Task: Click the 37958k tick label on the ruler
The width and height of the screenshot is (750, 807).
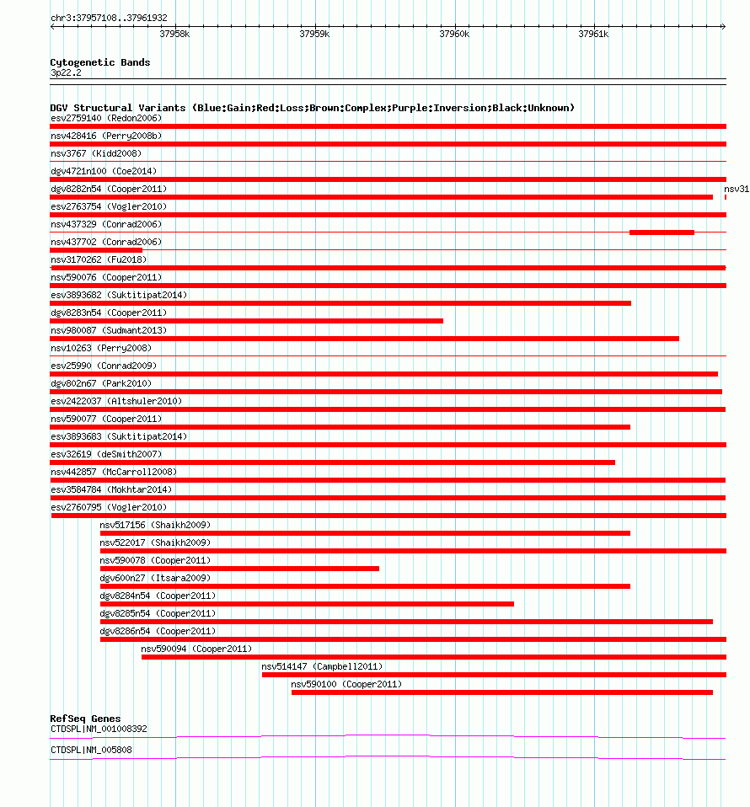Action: point(174,35)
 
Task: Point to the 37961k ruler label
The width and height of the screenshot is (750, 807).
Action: point(593,35)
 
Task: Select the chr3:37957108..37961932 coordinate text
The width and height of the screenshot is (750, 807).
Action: point(109,18)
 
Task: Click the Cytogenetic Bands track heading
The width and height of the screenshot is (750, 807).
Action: point(100,62)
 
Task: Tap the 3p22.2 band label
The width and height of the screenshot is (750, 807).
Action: point(66,73)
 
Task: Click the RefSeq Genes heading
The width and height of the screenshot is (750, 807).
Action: point(85,719)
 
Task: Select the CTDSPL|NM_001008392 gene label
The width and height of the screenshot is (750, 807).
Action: point(99,729)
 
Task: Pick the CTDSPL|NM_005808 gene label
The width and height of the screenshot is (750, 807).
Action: point(91,750)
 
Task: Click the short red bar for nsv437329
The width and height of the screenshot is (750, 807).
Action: point(662,232)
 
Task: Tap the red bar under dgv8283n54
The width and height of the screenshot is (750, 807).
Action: point(246,320)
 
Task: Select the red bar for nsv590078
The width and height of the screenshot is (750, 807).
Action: point(239,568)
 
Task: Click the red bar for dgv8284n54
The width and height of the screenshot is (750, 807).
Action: point(307,603)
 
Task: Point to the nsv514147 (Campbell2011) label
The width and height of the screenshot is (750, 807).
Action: point(321,666)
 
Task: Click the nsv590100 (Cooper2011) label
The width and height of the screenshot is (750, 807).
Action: point(346,684)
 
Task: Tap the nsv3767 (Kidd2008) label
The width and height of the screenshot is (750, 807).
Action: point(96,153)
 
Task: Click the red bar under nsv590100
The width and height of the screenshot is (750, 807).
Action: point(501,692)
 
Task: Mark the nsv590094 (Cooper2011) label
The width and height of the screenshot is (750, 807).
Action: point(196,649)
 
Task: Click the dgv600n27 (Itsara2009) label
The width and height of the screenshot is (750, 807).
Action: point(155,578)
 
